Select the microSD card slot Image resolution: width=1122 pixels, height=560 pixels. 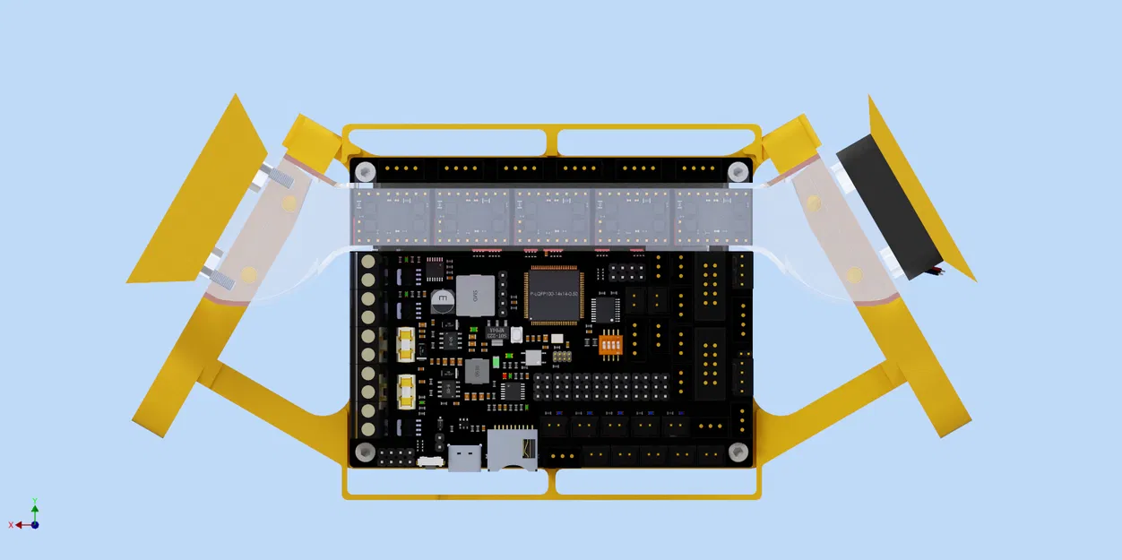click(x=512, y=450)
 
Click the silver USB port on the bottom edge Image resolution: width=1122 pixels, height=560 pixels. click(x=463, y=459)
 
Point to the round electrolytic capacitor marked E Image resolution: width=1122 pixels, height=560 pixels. click(x=441, y=299)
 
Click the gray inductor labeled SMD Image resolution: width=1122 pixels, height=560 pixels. click(x=475, y=295)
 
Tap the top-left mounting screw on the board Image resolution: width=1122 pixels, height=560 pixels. click(x=365, y=171)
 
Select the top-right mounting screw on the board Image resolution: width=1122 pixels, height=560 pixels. click(x=738, y=171)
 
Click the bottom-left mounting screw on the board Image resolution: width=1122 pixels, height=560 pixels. click(x=365, y=452)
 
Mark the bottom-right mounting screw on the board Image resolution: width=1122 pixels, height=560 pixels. click(x=738, y=452)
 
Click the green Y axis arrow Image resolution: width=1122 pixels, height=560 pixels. click(x=35, y=507)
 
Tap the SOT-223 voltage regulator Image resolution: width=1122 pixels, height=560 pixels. click(x=496, y=332)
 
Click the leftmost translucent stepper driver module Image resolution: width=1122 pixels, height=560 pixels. click(x=393, y=216)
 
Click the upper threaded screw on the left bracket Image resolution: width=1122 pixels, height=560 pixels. click(x=278, y=177)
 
